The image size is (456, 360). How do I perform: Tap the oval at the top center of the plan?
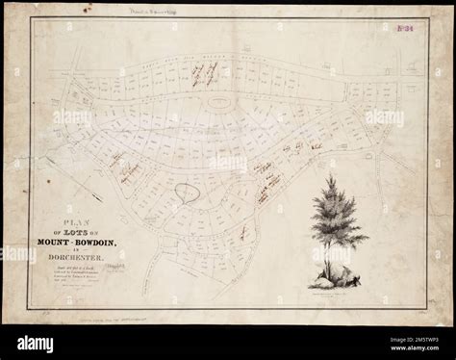point(220,100)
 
